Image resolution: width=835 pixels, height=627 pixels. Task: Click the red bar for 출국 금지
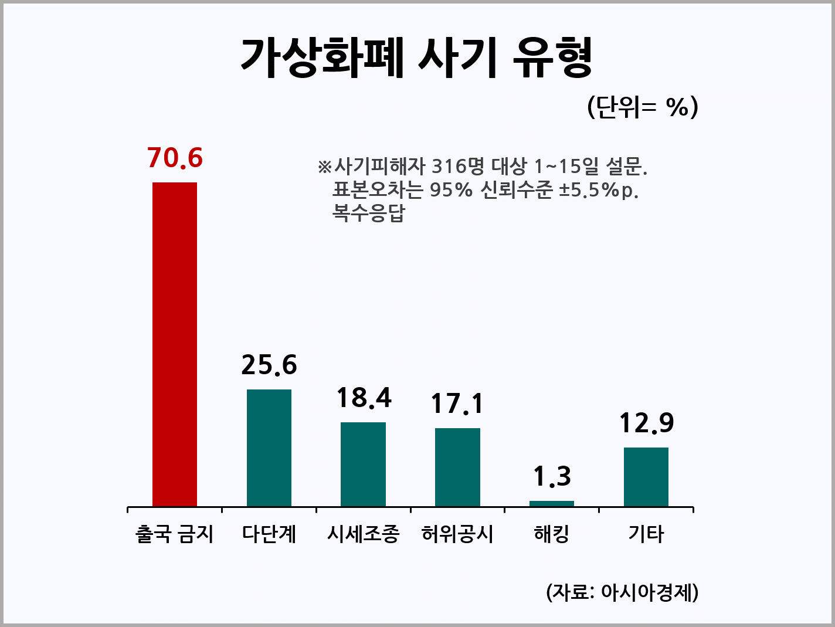pos(175,344)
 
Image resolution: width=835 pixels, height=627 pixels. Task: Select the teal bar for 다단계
pos(269,448)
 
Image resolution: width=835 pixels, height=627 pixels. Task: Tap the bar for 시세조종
pos(363,464)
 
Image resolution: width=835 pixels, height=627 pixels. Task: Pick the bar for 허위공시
pos(457,467)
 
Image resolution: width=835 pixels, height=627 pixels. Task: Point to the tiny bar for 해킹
pos(552,503)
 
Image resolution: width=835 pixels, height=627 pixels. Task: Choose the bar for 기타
pos(646,477)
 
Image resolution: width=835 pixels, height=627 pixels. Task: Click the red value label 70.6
pos(175,158)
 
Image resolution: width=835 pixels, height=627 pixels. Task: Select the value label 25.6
pos(269,365)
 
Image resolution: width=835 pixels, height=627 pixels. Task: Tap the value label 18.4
pos(364,398)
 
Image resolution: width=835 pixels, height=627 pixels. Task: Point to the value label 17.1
pos(457,404)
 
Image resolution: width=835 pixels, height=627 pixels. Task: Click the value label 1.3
pos(552,476)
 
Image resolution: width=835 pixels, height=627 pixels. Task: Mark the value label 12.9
pos(646,423)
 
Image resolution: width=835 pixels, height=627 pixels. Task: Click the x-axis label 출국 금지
pos(175,534)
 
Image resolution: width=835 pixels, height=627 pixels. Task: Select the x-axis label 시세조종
pos(363,534)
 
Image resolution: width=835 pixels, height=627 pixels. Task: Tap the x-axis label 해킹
pos(552,534)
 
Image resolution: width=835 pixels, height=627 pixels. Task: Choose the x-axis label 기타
pos(646,534)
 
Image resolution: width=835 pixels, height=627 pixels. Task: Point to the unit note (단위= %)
pos(643,107)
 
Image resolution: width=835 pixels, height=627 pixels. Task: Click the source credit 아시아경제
pos(648,592)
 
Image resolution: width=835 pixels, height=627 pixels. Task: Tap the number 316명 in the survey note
pos(459,167)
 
